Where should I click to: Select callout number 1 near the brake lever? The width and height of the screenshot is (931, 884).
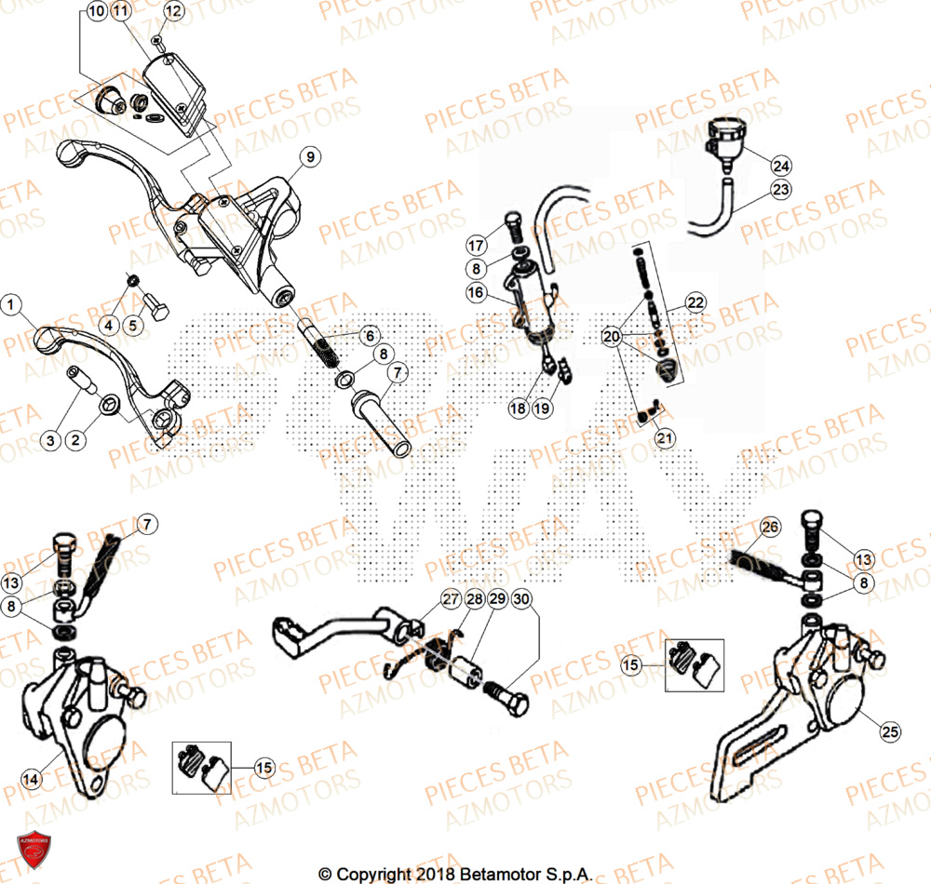click(11, 303)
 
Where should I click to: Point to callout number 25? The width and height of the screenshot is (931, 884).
click(890, 732)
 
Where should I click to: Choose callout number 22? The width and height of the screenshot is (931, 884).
click(695, 302)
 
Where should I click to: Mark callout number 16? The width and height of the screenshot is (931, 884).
click(476, 293)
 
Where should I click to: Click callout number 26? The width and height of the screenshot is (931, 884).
click(768, 529)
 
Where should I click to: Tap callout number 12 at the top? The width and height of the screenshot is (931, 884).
click(173, 11)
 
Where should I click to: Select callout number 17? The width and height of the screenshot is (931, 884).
click(476, 246)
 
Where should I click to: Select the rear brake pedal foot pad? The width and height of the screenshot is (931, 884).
click(286, 637)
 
